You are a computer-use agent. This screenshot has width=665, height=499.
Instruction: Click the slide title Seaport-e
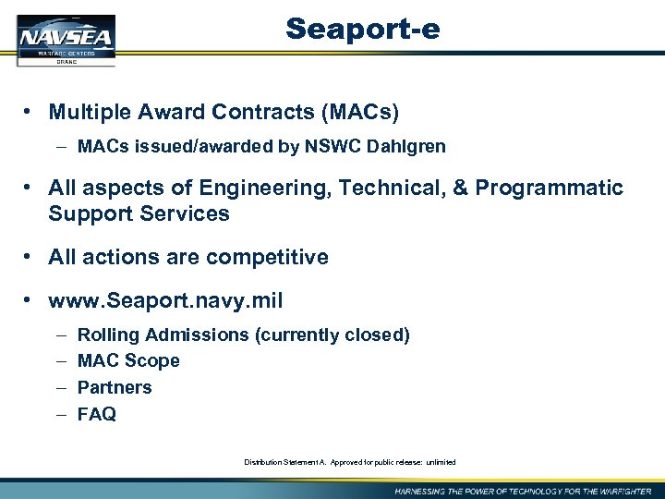point(362,30)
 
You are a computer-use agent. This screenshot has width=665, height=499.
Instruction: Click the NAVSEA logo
point(66,41)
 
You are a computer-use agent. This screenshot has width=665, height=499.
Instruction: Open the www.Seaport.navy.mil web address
point(165,301)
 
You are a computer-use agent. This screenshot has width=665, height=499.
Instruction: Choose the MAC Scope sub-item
point(128,360)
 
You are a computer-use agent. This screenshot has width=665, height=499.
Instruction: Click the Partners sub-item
point(115,387)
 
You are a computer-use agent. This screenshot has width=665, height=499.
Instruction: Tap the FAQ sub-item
point(97,414)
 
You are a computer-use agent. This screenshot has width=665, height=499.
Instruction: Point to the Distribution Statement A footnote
point(349,462)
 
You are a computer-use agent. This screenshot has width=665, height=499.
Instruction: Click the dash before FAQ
point(60,414)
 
